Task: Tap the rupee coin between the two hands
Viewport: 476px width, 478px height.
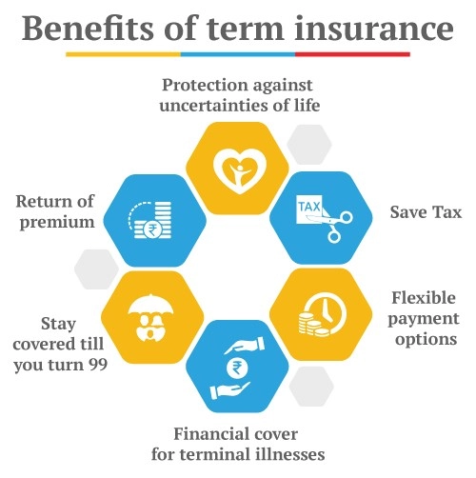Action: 235,365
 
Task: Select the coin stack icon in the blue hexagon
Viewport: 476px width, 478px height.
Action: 159,218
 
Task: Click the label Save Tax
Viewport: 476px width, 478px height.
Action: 426,212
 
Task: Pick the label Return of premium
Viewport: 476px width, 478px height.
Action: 54,212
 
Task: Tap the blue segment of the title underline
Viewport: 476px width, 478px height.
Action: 237,53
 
